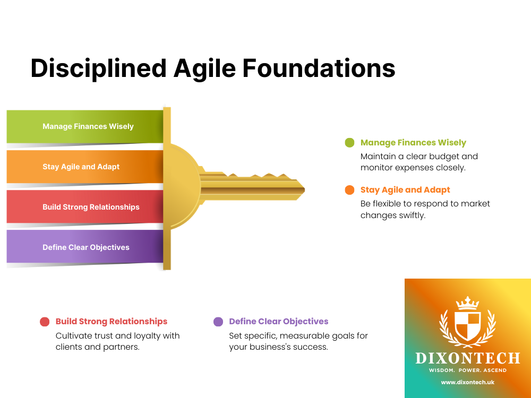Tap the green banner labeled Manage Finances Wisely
tap(85, 126)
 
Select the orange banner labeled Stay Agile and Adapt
tap(85, 167)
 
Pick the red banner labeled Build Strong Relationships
tap(85, 207)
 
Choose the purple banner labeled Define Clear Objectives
tap(85, 247)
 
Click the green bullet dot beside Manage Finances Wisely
tap(349, 142)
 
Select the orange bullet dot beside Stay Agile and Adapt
tap(349, 190)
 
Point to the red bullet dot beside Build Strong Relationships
tap(45, 322)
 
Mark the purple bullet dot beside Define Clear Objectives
tap(218, 322)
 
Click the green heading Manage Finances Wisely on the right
tap(413, 142)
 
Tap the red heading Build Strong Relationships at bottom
tap(112, 322)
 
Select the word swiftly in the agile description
tap(409, 215)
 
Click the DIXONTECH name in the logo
tap(468, 358)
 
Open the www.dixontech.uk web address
tap(468, 382)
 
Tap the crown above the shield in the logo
tap(468, 302)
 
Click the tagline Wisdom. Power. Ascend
tap(468, 370)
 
